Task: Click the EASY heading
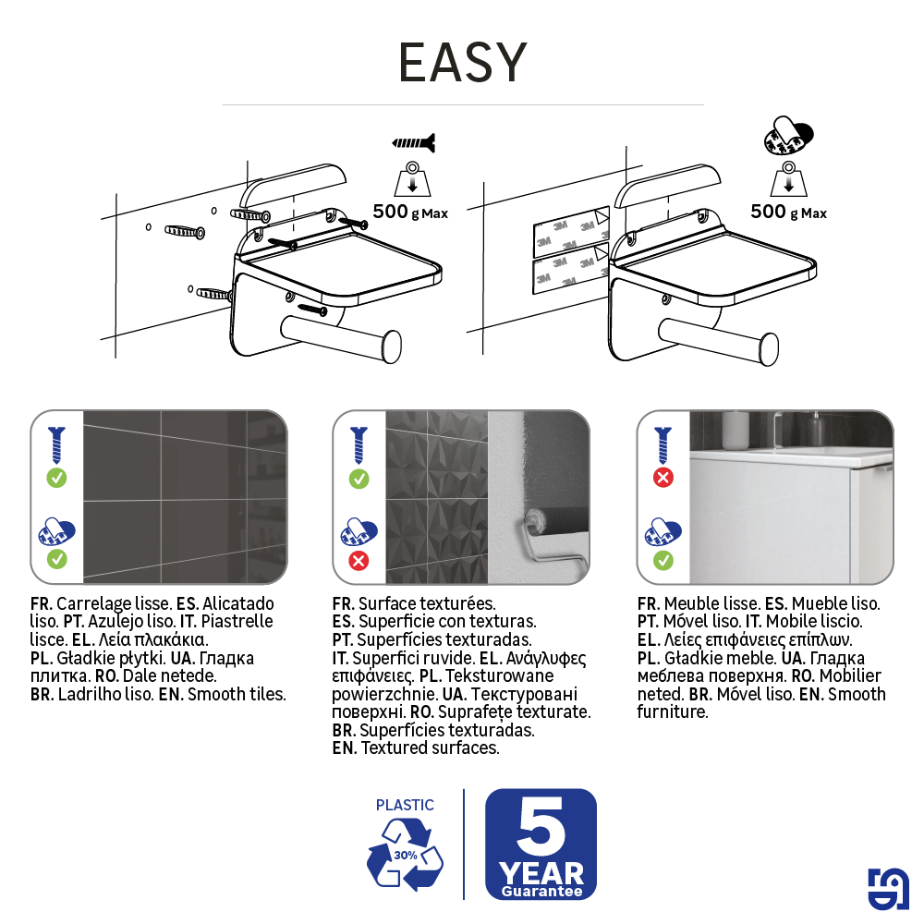(463, 63)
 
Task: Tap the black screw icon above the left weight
(414, 142)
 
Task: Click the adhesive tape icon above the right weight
(788, 136)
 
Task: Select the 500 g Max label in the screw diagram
(411, 212)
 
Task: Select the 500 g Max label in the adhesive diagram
(788, 212)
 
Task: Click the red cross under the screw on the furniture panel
(663, 478)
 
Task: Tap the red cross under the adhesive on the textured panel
(359, 561)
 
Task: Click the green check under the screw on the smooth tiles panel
(57, 478)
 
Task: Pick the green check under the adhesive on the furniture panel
(663, 561)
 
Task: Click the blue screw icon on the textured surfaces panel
(359, 445)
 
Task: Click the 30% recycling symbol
(405, 855)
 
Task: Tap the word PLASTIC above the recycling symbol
(405, 805)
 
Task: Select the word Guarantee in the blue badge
(541, 891)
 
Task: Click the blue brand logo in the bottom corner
(888, 889)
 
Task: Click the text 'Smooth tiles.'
(237, 694)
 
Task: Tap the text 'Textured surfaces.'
(431, 748)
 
